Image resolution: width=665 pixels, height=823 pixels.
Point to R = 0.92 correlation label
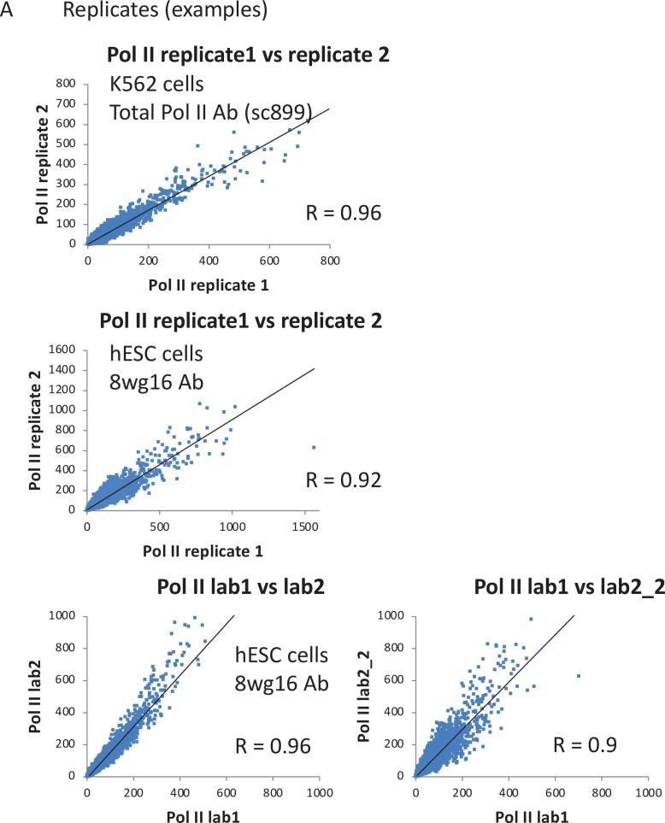coord(342,479)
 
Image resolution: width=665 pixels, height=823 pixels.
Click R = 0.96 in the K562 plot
coord(342,212)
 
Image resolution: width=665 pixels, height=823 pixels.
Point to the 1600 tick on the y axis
coord(66,350)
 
